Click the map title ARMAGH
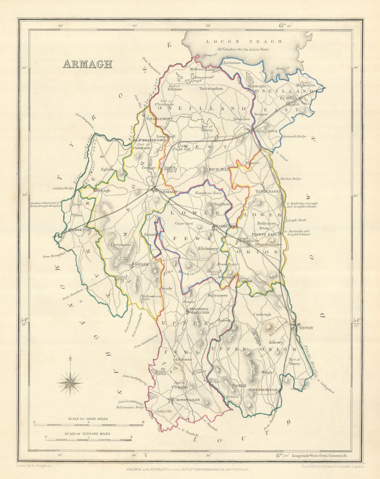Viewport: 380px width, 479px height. tap(87, 64)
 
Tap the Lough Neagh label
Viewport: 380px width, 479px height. tap(244, 41)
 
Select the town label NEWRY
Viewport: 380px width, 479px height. tap(306, 328)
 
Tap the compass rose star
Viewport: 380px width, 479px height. tap(70, 381)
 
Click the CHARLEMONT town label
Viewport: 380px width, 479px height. tap(160, 119)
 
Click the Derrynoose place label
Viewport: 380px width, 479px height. tap(121, 245)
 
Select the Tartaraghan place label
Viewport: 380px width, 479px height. tap(211, 88)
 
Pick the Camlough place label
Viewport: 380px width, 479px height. tap(263, 314)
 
